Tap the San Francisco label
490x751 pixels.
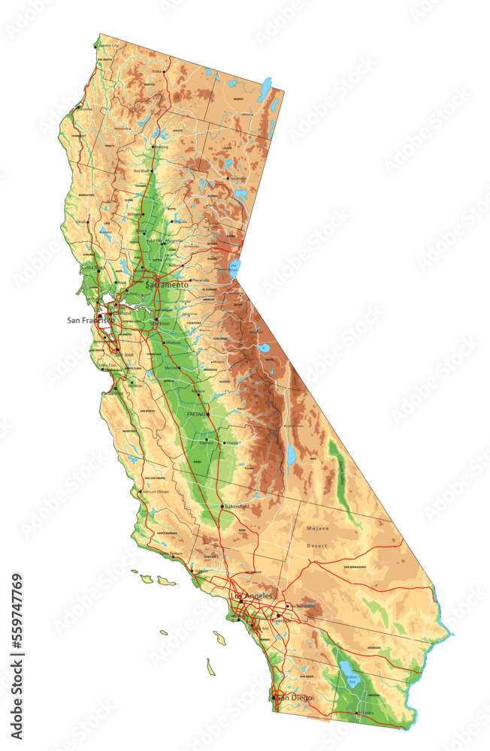(90, 320)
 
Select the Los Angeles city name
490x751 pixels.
(251, 596)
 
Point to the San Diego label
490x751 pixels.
(294, 698)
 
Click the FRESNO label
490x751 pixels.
(197, 414)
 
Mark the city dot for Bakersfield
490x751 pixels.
(222, 508)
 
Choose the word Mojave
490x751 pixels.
(318, 528)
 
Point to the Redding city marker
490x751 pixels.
(153, 147)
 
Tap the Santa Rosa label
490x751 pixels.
(94, 267)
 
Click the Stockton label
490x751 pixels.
(160, 323)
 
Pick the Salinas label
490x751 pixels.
(116, 393)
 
